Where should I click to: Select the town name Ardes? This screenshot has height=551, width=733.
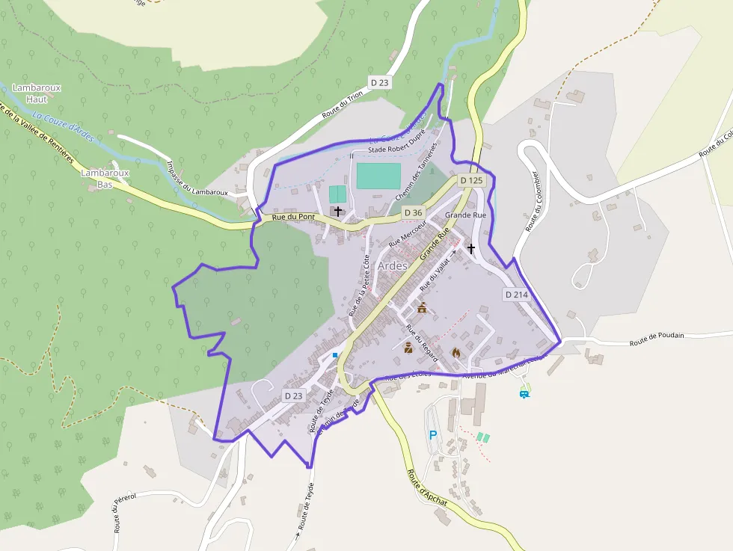click(393, 266)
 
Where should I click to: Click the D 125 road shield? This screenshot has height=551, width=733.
click(472, 180)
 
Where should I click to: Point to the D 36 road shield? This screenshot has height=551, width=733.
click(413, 212)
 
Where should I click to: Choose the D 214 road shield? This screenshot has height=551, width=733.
click(516, 295)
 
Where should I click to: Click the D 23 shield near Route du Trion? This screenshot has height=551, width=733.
click(379, 82)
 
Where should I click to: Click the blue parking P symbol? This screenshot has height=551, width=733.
click(432, 434)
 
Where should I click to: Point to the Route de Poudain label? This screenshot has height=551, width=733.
click(657, 337)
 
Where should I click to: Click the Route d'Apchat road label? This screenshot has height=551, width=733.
click(427, 487)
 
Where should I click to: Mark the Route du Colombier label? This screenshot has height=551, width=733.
click(533, 203)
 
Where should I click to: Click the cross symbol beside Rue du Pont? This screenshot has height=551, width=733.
click(338, 212)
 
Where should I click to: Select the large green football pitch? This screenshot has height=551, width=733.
click(378, 176)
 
